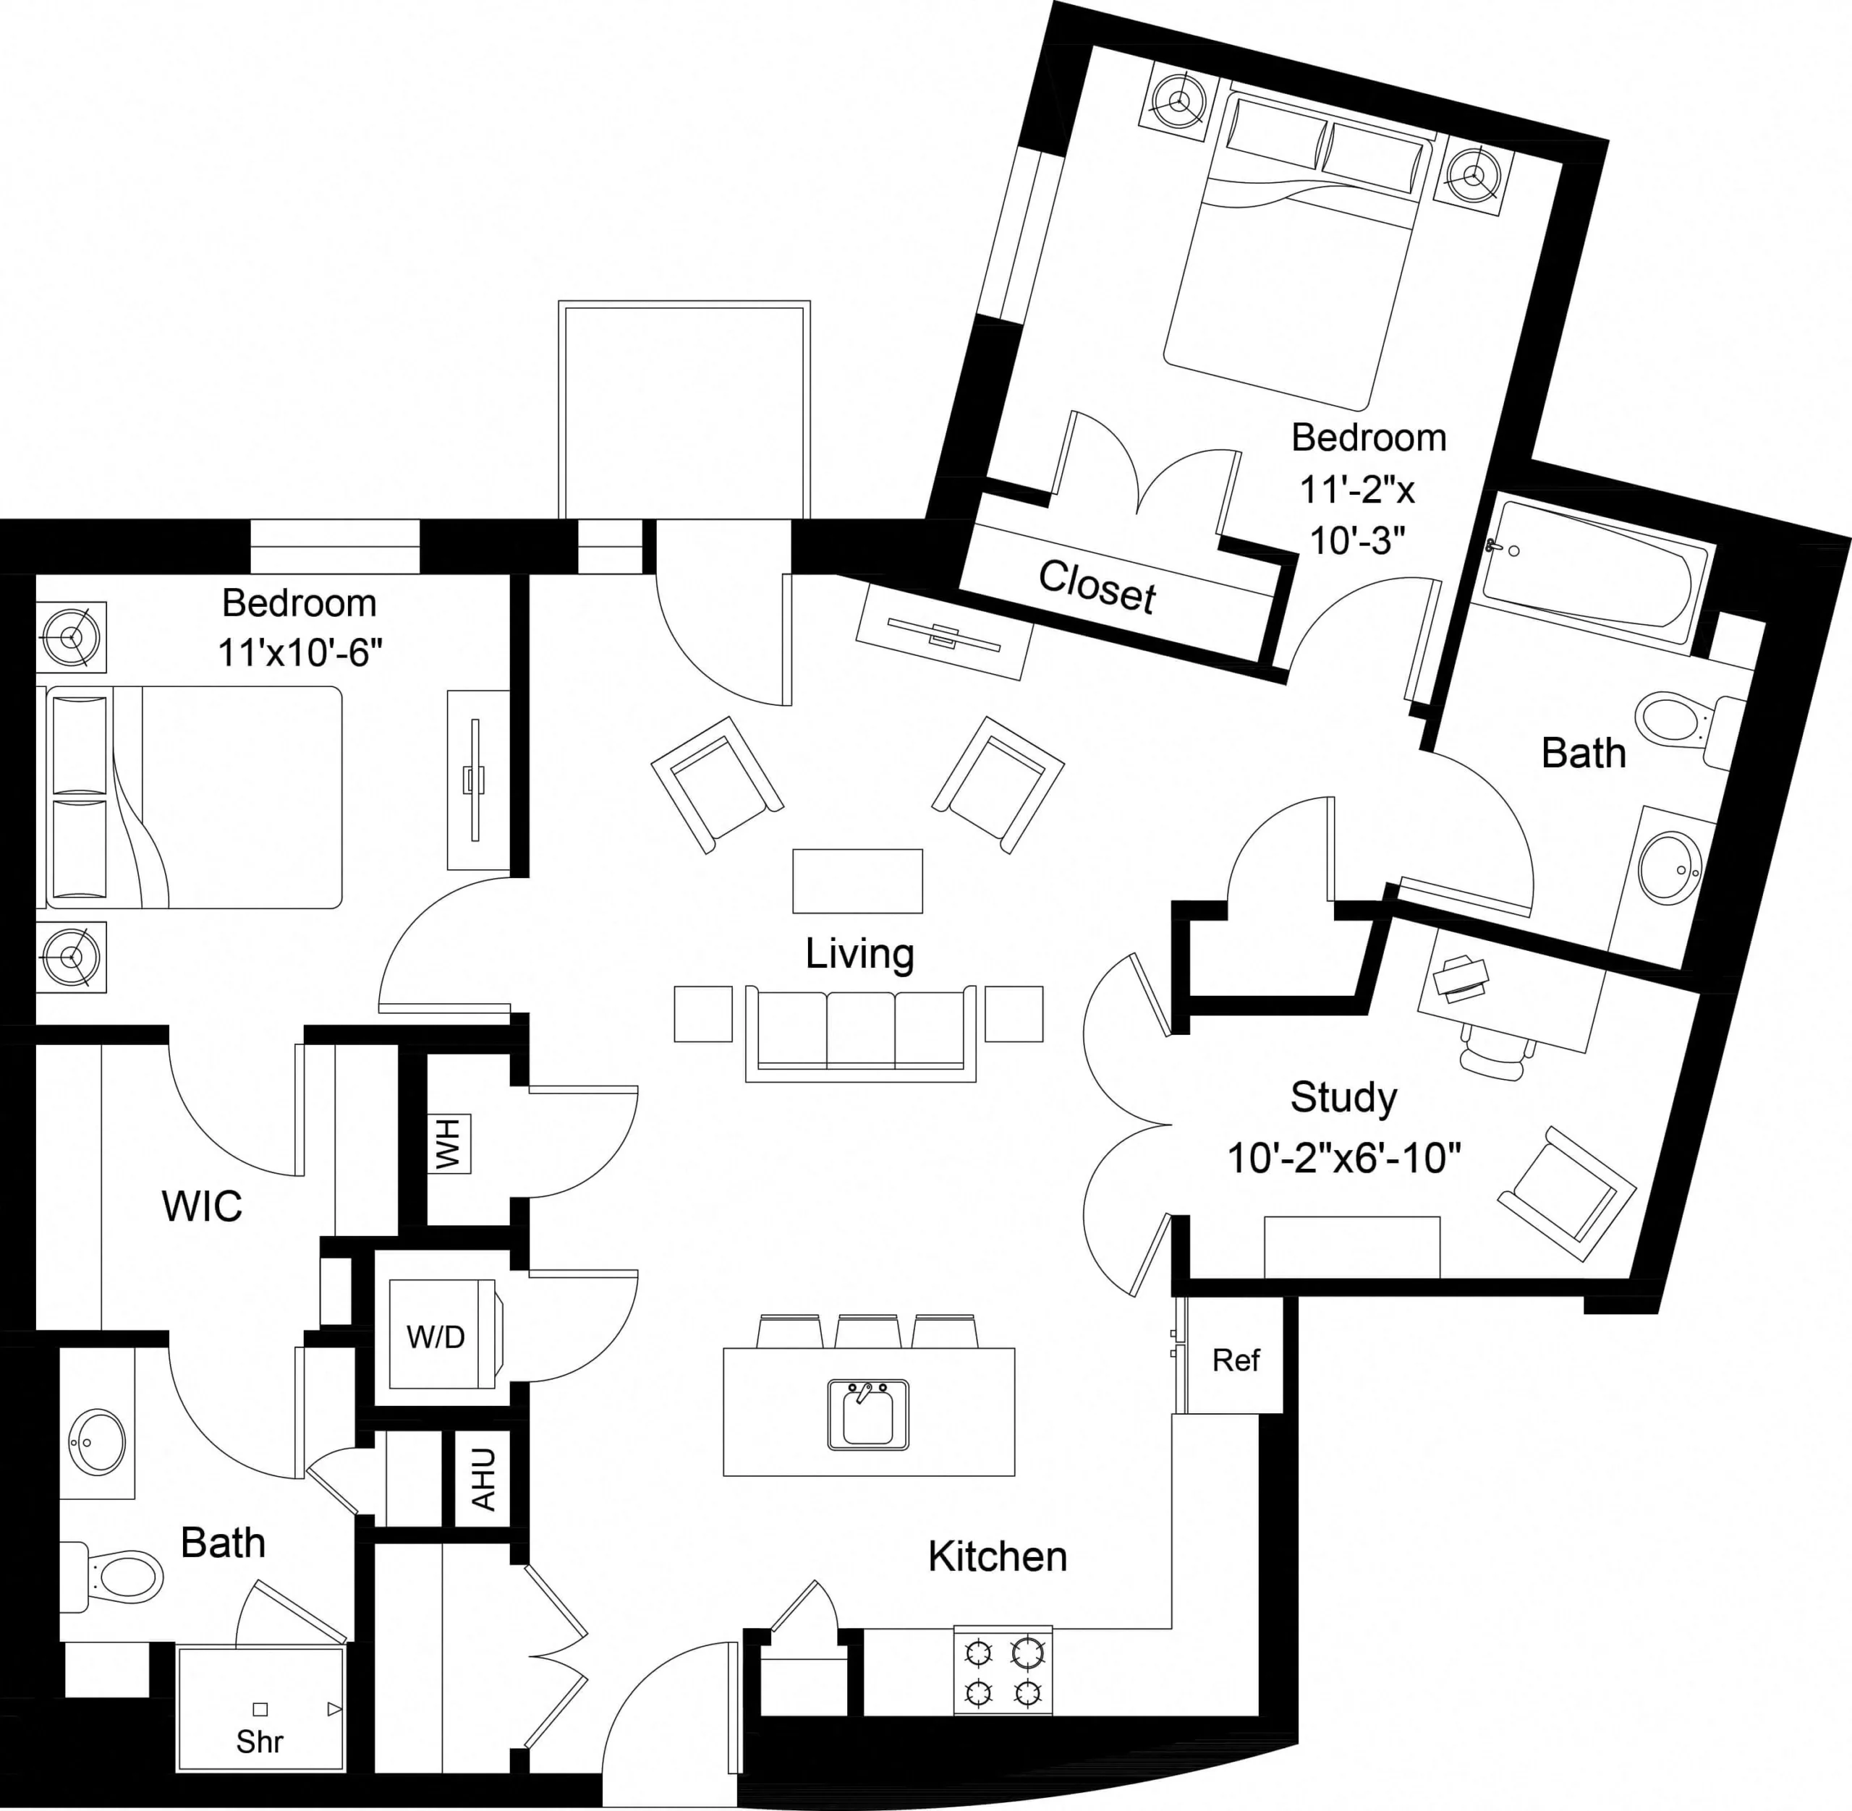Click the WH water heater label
tap(448, 1144)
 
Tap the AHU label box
tap(484, 1479)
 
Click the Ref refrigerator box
tap(1235, 1360)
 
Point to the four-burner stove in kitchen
tap(1003, 1669)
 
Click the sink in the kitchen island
tap(867, 1415)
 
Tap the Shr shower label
tap(259, 1742)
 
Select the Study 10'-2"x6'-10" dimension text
tap(1343, 1159)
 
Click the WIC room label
tap(202, 1206)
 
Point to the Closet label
tap(1097, 585)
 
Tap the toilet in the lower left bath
tap(119, 1576)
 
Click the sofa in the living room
tap(860, 1032)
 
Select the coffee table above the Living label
tap(857, 881)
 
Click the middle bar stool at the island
tap(867, 1331)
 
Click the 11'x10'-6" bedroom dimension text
tap(300, 653)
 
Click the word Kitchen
tap(997, 1557)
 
